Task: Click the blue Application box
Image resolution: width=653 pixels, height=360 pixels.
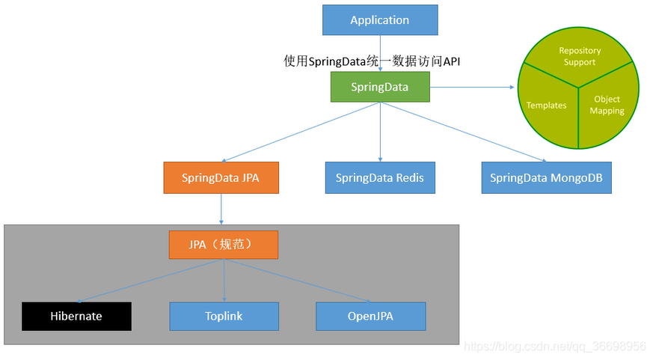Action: tap(379, 20)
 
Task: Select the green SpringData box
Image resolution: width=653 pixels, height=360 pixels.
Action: tap(379, 87)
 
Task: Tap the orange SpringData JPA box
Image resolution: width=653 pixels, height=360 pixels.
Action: tap(220, 178)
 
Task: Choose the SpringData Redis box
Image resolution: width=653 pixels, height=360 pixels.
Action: tap(379, 178)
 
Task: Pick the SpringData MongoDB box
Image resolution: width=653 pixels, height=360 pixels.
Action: tap(546, 178)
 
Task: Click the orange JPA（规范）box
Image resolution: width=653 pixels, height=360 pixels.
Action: tap(223, 245)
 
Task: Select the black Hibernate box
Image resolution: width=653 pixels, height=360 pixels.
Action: tap(76, 316)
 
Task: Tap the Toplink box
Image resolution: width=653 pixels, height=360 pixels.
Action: tap(224, 316)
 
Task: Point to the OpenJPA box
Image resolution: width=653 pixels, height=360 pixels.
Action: tap(370, 316)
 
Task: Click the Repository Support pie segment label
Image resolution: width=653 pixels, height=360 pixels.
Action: tap(580, 56)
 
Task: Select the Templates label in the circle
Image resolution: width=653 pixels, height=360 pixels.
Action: tap(546, 106)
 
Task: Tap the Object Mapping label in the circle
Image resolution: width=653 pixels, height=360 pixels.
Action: tap(607, 105)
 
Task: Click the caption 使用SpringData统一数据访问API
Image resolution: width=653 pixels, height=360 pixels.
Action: tap(372, 61)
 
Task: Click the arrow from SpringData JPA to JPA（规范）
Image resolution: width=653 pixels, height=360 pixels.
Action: tap(221, 209)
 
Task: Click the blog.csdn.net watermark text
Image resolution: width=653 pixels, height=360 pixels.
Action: tap(554, 347)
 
